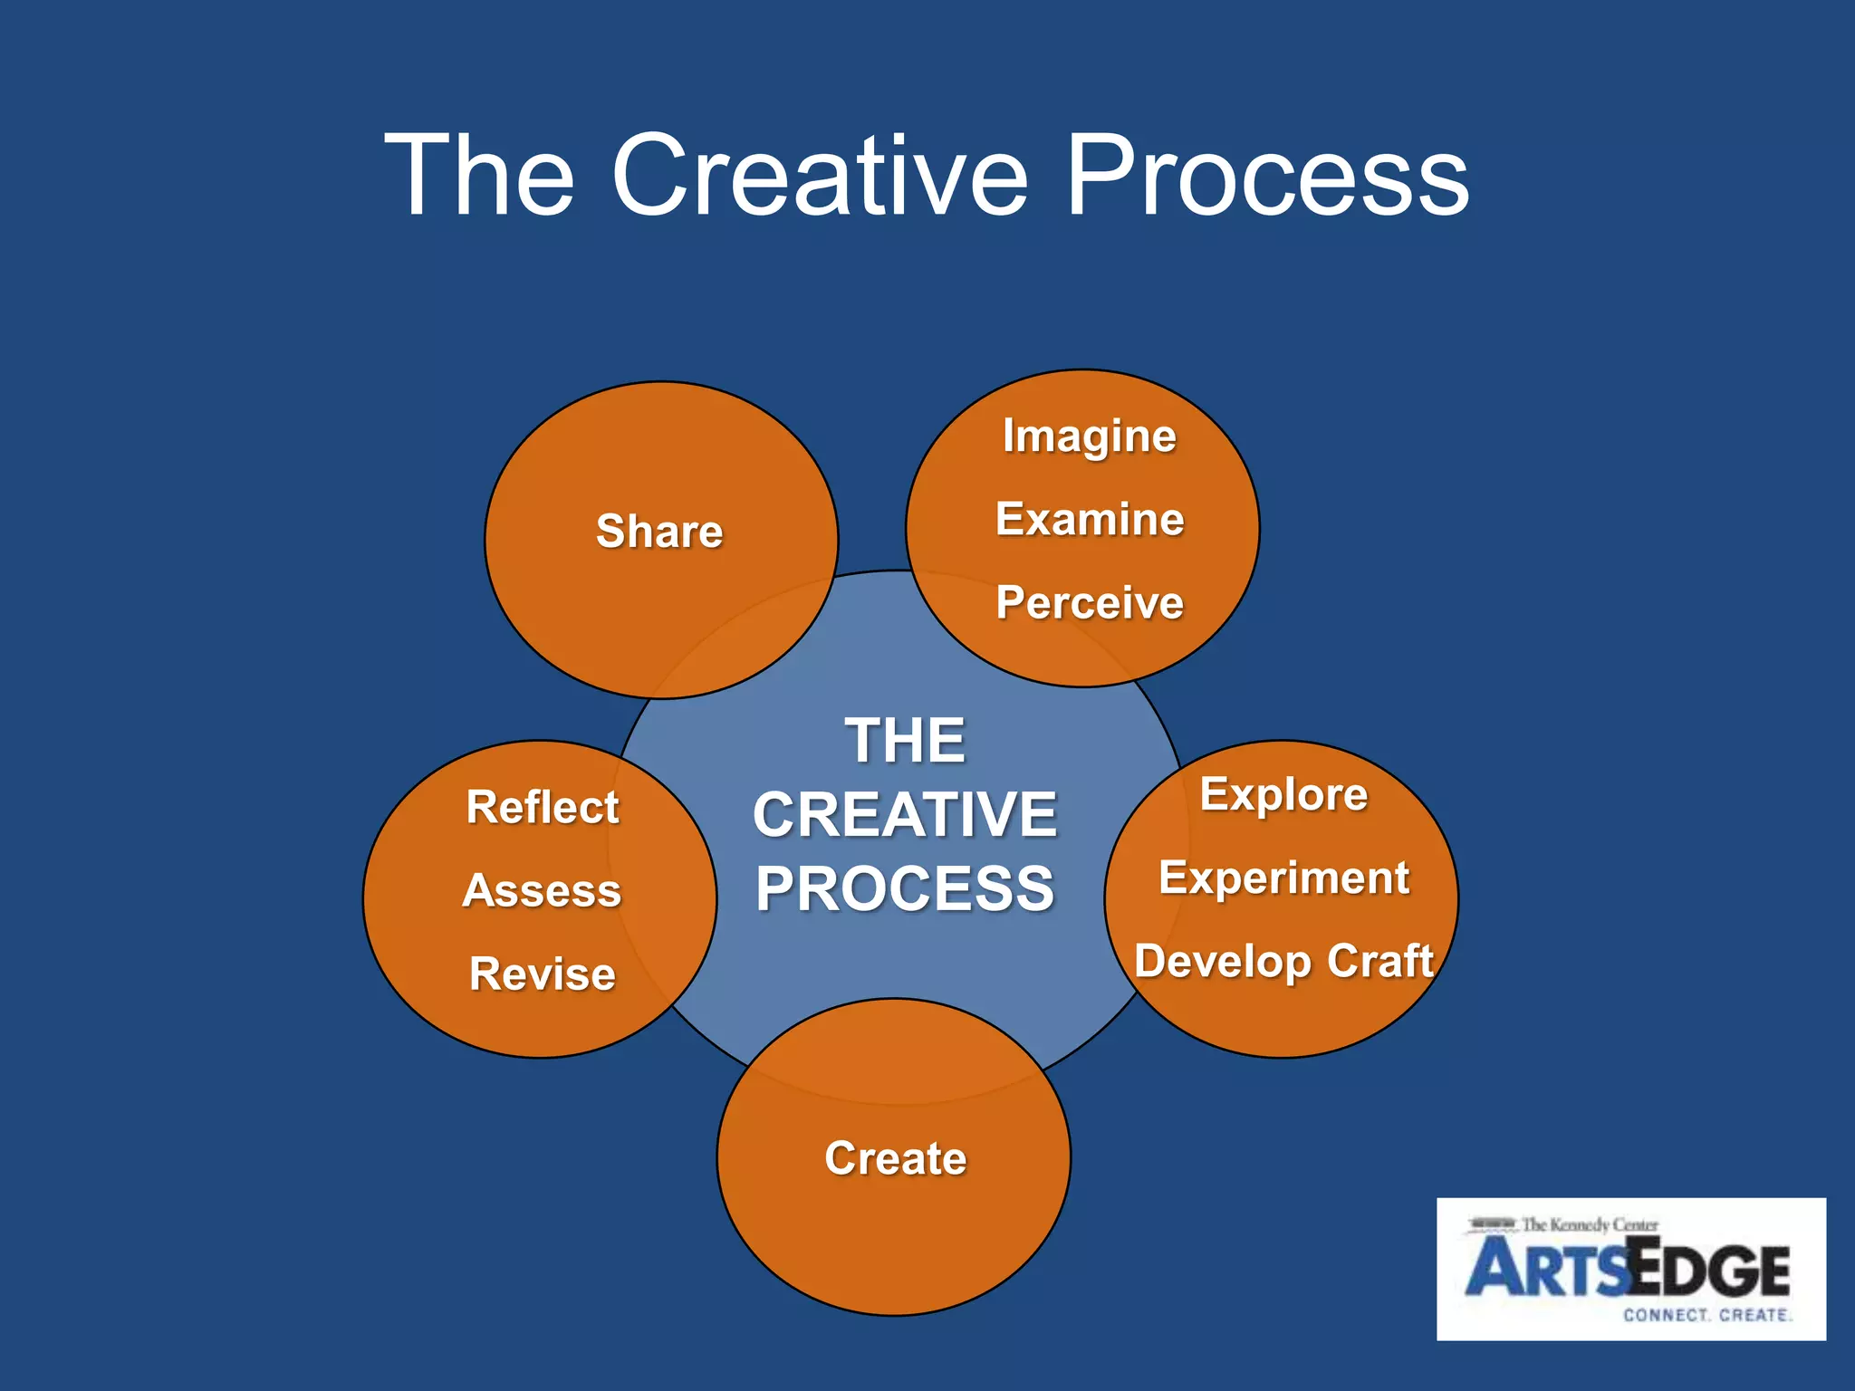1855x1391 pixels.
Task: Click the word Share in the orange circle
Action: tap(659, 531)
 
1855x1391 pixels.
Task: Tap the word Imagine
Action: tap(1089, 436)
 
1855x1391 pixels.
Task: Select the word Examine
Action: tap(1090, 520)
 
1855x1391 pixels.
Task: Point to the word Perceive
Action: tap(1090, 603)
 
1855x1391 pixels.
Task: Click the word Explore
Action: tap(1283, 795)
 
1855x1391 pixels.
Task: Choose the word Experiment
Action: tap(1283, 878)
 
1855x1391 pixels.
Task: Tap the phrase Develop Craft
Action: tap(1283, 962)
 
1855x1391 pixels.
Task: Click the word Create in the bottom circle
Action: tap(895, 1158)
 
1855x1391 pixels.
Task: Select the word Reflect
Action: tap(542, 807)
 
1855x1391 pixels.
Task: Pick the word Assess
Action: tap(542, 891)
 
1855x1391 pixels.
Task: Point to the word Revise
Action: tap(542, 974)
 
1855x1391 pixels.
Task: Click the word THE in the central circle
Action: tap(905, 741)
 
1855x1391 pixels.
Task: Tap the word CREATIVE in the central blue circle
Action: tap(905, 815)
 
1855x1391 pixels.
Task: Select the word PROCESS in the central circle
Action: tap(905, 889)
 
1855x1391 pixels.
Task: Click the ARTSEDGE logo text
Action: tap(1628, 1270)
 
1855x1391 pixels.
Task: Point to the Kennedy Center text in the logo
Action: tap(1589, 1225)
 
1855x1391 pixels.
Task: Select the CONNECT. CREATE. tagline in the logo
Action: tap(1706, 1315)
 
